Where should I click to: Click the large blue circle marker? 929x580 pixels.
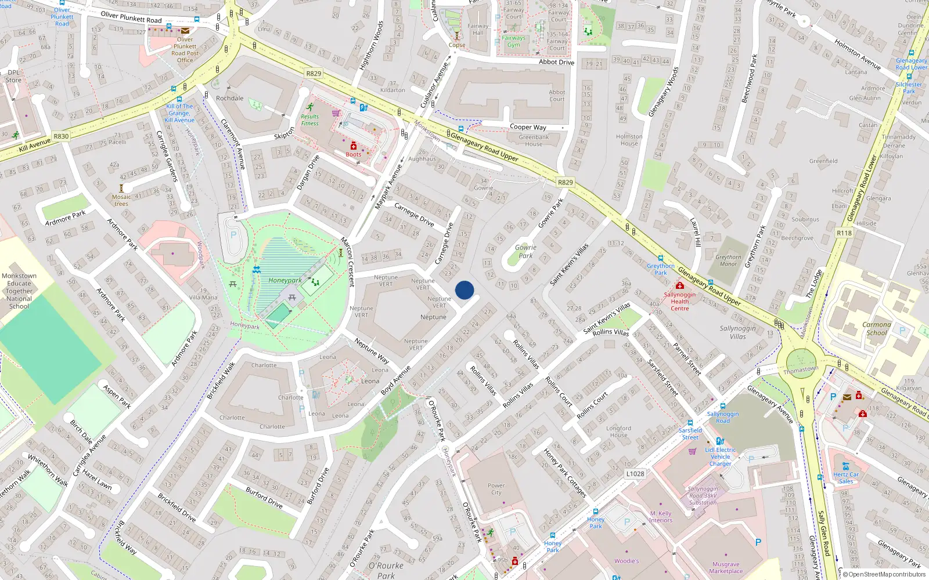click(464, 290)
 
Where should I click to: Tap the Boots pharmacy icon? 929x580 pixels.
click(354, 146)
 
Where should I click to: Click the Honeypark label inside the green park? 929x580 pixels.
click(285, 280)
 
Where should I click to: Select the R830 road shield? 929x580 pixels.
click(61, 136)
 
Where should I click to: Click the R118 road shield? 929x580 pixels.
click(844, 233)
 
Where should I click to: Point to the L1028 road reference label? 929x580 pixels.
click(635, 473)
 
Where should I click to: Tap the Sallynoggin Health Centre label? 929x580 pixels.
click(680, 302)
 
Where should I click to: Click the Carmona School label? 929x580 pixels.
click(877, 329)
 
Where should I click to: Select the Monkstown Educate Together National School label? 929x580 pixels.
click(19, 291)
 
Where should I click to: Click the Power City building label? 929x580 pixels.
click(496, 489)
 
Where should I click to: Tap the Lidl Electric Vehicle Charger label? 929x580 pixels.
click(721, 456)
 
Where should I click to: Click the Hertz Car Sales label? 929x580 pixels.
click(846, 477)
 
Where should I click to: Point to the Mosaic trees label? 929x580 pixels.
click(121, 200)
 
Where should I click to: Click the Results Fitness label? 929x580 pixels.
click(310, 119)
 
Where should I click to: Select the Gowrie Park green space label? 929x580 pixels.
click(525, 251)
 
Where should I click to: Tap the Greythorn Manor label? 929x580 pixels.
click(728, 260)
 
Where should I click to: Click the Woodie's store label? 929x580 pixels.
click(626, 561)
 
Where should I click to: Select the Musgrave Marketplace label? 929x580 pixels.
click(726, 567)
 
